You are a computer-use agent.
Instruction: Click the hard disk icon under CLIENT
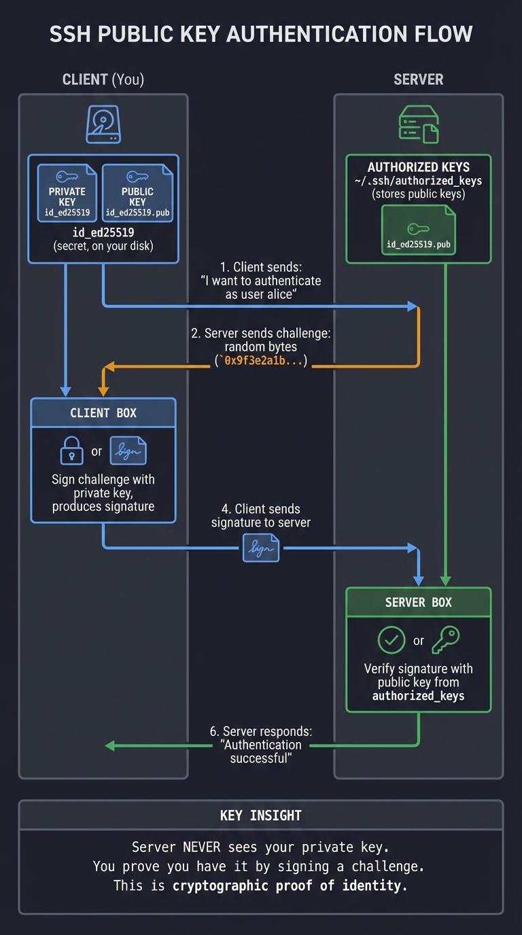pyautogui.click(x=103, y=125)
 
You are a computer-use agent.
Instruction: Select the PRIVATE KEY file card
pyautogui.click(x=67, y=192)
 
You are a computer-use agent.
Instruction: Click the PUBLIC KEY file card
pyautogui.click(x=137, y=192)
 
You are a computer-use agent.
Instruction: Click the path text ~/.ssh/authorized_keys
pyautogui.click(x=418, y=181)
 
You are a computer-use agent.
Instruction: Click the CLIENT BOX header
pyautogui.click(x=103, y=413)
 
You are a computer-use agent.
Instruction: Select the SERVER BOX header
pyautogui.click(x=418, y=603)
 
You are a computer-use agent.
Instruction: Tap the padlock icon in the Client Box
pyautogui.click(x=72, y=451)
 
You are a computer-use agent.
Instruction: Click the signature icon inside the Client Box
pyautogui.click(x=128, y=451)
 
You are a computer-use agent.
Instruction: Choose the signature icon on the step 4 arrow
pyautogui.click(x=261, y=548)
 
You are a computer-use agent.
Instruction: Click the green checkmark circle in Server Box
pyautogui.click(x=391, y=640)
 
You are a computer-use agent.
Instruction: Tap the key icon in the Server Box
pyautogui.click(x=446, y=639)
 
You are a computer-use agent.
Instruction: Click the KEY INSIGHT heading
pyautogui.click(x=261, y=815)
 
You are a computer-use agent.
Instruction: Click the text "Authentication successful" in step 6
pyautogui.click(x=261, y=752)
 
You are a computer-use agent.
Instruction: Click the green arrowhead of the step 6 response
pyautogui.click(x=110, y=746)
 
